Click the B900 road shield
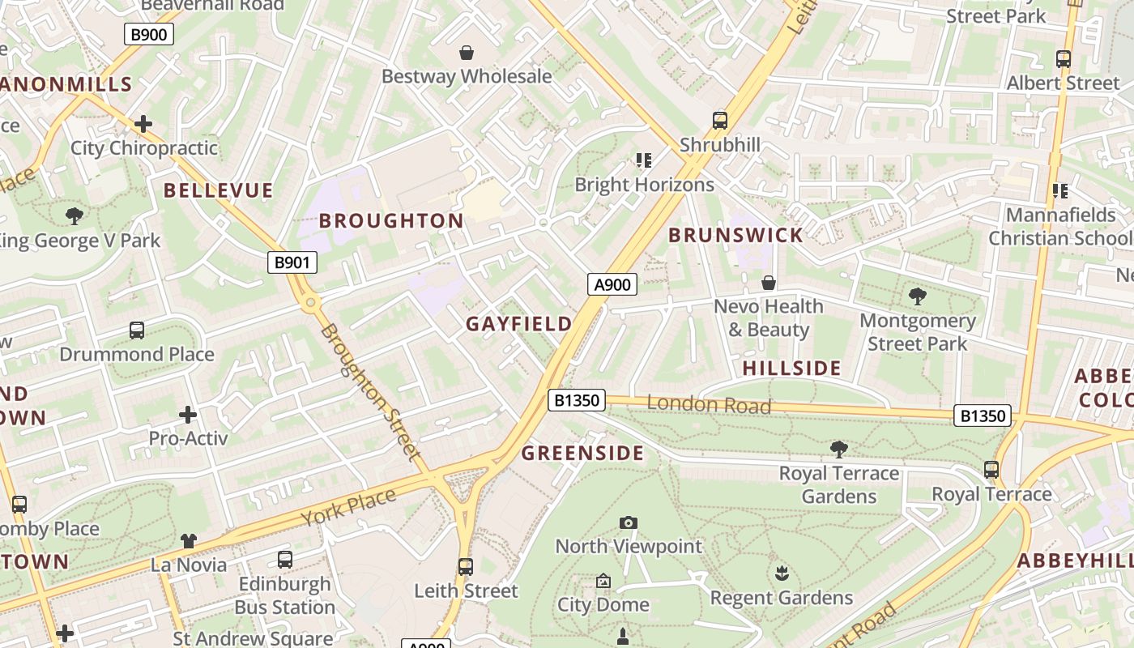pos(149,34)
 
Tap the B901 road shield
pos(292,262)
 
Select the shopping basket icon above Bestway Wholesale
pos(467,53)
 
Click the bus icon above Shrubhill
pos(719,121)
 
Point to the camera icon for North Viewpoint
pos(628,523)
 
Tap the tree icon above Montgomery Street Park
pos(917,296)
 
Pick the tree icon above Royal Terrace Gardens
pos(839,450)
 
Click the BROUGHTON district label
pos(391,220)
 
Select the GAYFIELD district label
pos(518,324)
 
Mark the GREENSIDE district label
pos(582,453)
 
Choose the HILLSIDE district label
pos(791,368)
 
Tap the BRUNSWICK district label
pos(735,236)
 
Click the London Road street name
pos(709,404)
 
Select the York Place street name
pos(349,505)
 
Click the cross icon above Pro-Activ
pos(188,415)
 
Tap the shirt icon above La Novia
pos(188,540)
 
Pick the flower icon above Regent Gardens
pos(782,574)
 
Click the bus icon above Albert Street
pos(1063,59)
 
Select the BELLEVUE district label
pos(218,190)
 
